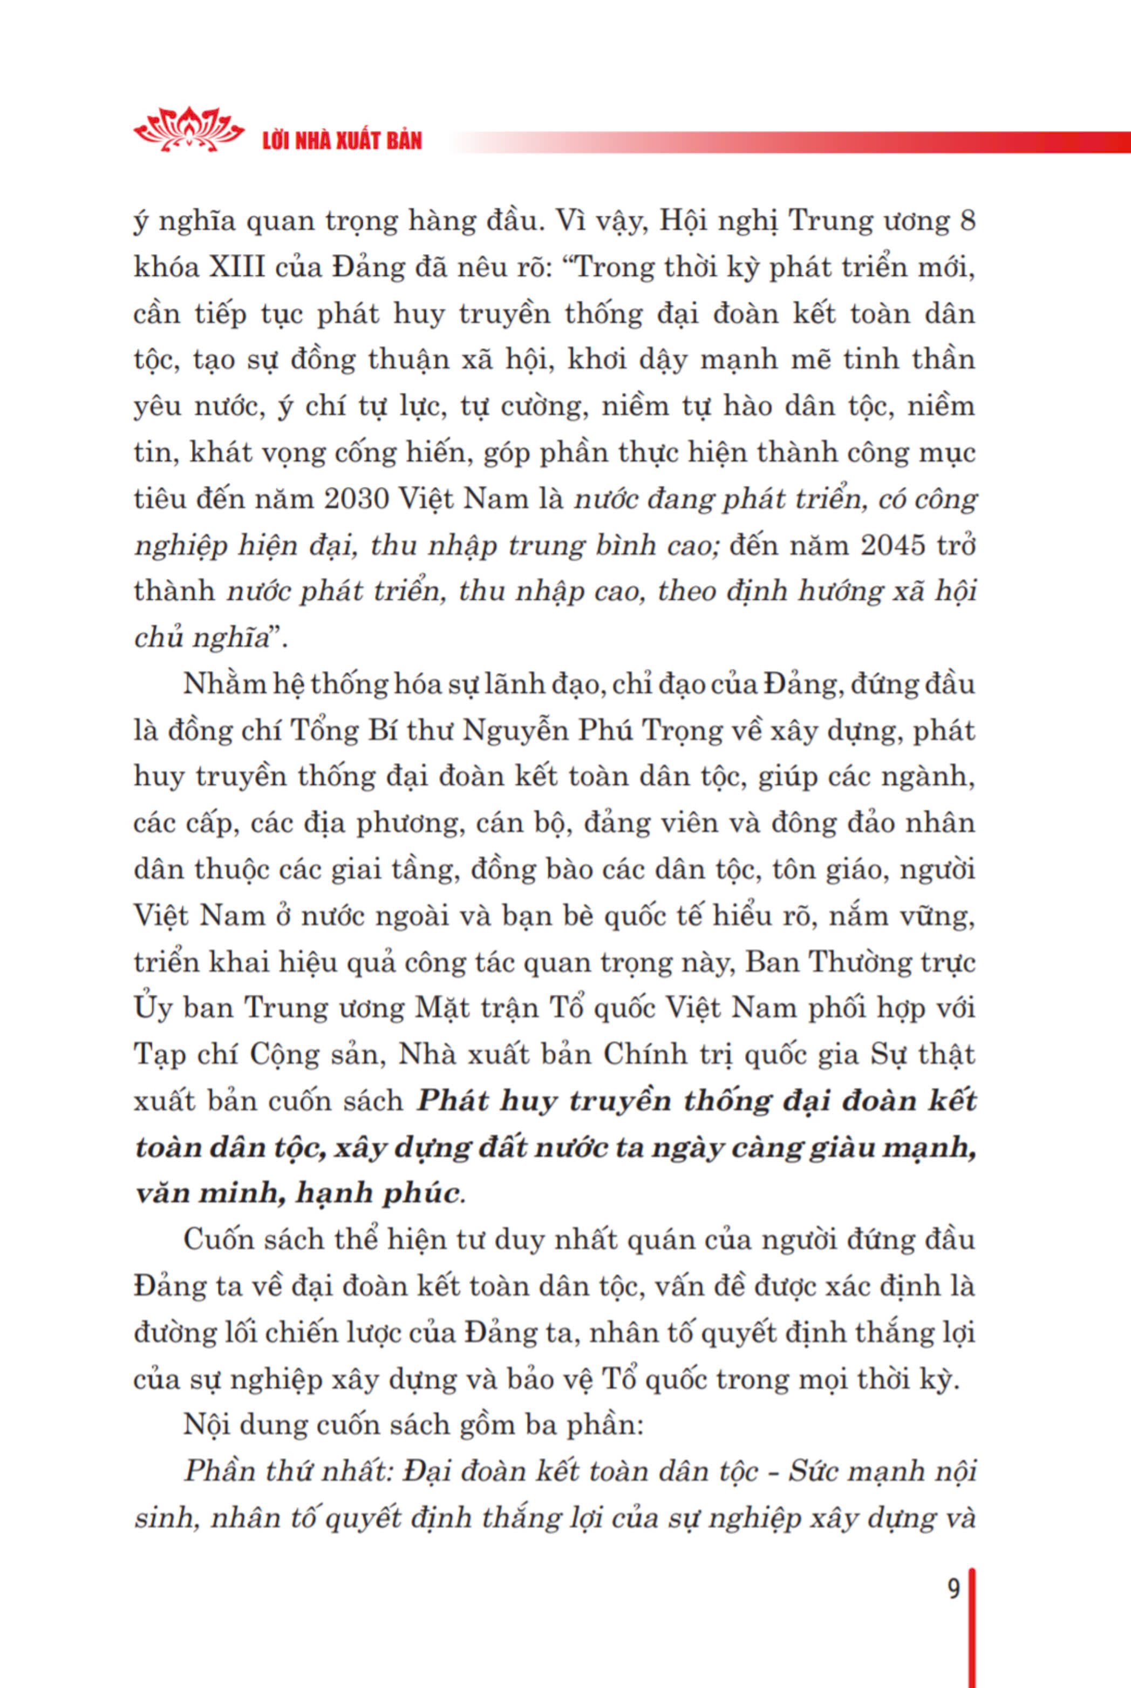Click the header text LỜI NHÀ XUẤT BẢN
(342, 140)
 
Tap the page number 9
(953, 1589)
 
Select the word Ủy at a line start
(152, 1008)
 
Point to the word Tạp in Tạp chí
(160, 1055)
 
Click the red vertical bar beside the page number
(972, 1630)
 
